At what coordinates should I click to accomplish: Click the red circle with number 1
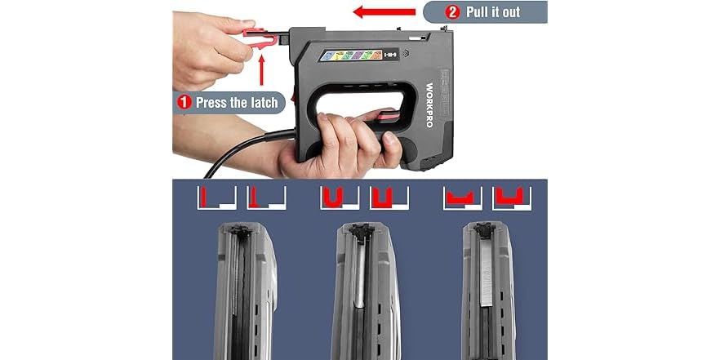pyautogui.click(x=184, y=103)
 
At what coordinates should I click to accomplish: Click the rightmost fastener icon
pyautogui.click(x=512, y=198)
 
